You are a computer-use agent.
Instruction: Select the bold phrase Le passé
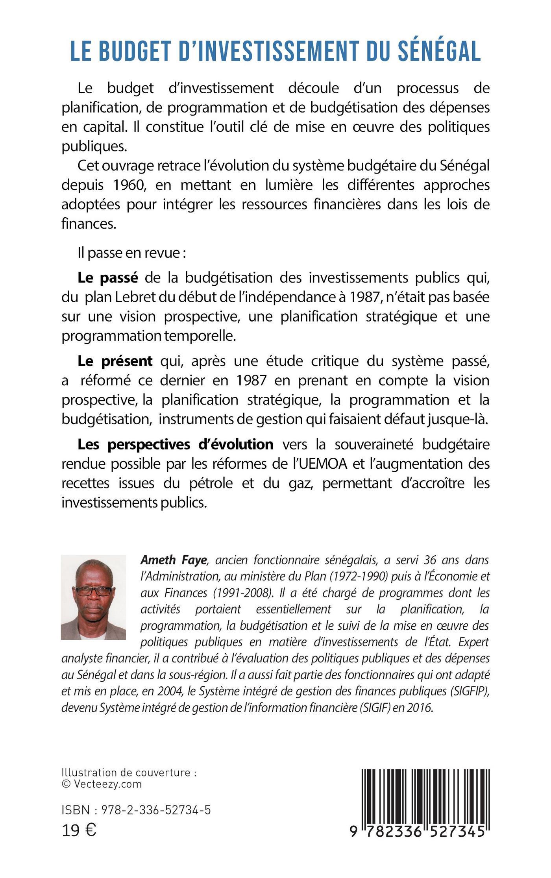coord(108,278)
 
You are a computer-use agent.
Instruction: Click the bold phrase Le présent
coord(115,361)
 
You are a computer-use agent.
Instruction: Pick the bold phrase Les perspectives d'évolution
coord(175,444)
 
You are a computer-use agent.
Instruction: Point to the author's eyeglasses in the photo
coord(93,591)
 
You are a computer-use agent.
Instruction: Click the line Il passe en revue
coord(131,252)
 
